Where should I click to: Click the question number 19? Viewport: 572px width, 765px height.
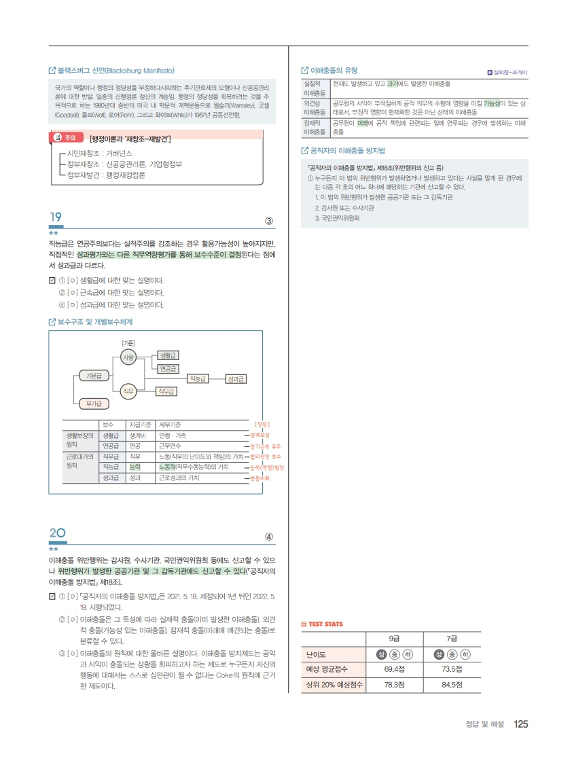click(56, 217)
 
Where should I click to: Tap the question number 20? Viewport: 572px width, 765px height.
click(57, 533)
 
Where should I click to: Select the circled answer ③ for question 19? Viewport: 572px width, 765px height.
click(269, 221)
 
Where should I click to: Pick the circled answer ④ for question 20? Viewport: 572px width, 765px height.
click(269, 537)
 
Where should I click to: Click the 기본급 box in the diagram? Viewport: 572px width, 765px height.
click(94, 376)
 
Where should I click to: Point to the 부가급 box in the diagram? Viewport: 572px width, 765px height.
click(94, 404)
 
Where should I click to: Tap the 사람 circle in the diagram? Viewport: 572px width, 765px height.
click(128, 357)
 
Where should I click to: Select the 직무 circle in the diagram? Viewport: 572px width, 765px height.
click(128, 391)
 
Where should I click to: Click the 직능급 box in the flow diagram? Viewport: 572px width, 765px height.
click(198, 378)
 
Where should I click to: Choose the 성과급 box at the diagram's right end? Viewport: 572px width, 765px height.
click(236, 378)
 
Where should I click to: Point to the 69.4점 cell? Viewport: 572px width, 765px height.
click(395, 669)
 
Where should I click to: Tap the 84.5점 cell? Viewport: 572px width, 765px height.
click(452, 685)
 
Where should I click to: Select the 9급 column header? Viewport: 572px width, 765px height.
click(395, 639)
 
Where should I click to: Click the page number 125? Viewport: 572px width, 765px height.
click(521, 724)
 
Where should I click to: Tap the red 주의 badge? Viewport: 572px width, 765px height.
click(66, 138)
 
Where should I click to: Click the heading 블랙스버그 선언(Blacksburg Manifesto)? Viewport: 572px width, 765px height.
click(111, 71)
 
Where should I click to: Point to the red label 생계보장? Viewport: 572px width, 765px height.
click(260, 435)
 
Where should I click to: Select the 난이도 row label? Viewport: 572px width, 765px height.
click(316, 655)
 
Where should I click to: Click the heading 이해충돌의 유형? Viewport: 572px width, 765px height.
click(329, 71)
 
